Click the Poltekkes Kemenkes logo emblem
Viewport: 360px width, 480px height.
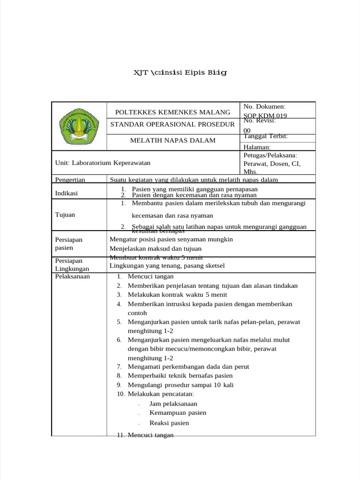tap(79, 126)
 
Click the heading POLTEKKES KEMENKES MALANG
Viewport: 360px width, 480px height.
tap(172, 112)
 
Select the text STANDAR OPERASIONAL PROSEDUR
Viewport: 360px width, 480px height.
tap(172, 124)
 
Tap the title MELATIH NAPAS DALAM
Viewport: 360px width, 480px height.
tap(172, 140)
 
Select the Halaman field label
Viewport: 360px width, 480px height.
tap(257, 147)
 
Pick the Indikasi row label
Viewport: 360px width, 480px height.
tap(67, 193)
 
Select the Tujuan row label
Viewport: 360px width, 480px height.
tap(65, 214)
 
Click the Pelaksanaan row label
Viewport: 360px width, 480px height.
tap(72, 276)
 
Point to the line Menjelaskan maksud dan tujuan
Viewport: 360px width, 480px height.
tap(156, 248)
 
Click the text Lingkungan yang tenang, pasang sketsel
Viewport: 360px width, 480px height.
tap(167, 265)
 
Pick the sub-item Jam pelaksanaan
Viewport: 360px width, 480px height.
tap(173, 404)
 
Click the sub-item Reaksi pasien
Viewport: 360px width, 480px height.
tap(169, 423)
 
